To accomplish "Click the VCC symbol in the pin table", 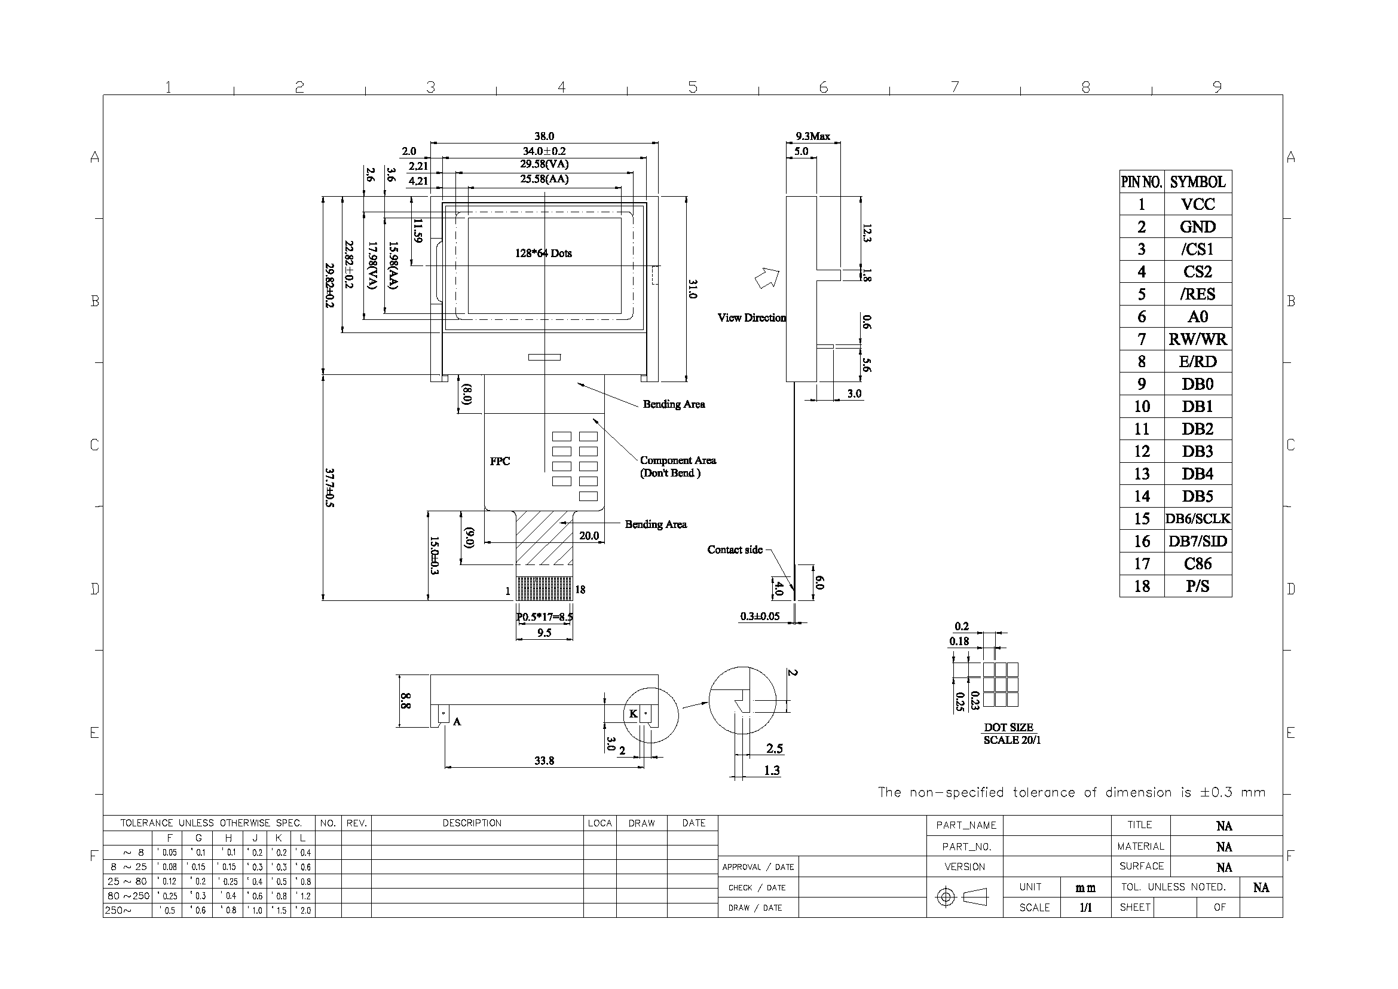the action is coord(1198,204).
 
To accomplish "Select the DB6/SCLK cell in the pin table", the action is coord(1198,518).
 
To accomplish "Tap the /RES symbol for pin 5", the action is coord(1198,294).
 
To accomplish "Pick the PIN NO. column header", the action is coord(1142,182).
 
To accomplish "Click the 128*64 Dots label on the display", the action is coord(543,253).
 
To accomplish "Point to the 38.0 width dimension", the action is coord(544,136).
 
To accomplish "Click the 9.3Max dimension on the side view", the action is coord(813,136).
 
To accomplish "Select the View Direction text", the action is coord(751,318).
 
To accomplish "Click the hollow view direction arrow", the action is coord(767,278).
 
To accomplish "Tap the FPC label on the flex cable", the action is coord(500,461).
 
